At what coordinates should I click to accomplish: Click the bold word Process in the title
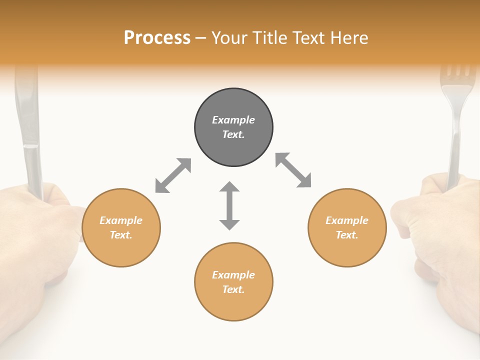(157, 38)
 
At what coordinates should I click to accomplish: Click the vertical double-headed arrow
(229, 206)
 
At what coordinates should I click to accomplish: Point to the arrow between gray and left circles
(173, 175)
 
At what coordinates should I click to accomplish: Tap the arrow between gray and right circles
(293, 170)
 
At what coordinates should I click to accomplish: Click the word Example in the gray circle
(233, 120)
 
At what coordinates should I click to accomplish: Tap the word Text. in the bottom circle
(233, 289)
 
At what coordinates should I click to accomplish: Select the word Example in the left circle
(121, 220)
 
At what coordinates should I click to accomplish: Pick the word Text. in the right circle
(347, 235)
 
